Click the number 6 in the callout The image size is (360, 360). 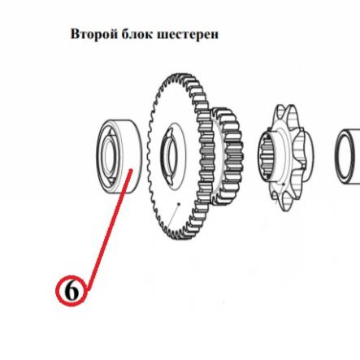coord(72,292)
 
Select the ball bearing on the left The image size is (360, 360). coord(119,157)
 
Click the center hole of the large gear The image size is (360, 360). coord(169,157)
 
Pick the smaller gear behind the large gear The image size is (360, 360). coord(228,157)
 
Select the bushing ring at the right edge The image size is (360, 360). coord(339,157)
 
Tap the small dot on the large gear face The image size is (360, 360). coord(178,203)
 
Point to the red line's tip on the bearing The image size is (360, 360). coord(132,170)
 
